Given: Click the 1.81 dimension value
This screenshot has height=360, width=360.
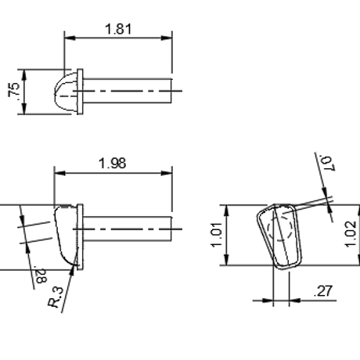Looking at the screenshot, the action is coord(118,29).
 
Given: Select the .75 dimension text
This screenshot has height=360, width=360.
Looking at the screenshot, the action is coord(14,90).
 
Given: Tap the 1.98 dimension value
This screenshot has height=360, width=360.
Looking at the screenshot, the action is coord(113,164).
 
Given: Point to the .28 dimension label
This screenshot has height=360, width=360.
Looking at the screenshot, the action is coord(41,275).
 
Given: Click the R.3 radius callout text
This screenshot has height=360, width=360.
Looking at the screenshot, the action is coord(56,297).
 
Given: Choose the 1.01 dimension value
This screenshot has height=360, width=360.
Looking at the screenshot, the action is coord(216,235).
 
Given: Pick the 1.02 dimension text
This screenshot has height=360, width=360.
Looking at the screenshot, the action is coord(350,234).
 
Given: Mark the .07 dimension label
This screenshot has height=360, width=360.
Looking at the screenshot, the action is coord(327,163).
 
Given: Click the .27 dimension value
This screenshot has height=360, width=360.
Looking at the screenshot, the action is coord(323,291).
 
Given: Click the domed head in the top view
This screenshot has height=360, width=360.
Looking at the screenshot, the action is coord(66,92).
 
